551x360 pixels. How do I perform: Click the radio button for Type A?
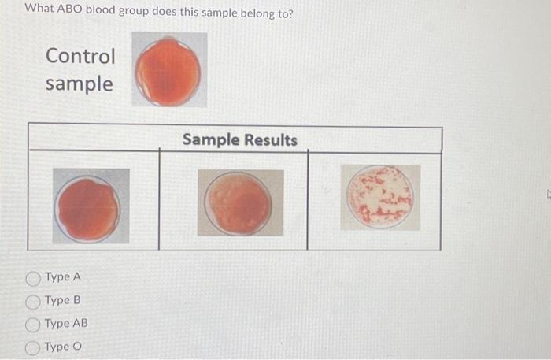[33, 277]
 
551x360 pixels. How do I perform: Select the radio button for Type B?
[33, 300]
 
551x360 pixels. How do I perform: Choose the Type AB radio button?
[33, 324]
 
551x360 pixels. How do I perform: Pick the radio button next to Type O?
[33, 347]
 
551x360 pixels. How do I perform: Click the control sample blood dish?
[168, 71]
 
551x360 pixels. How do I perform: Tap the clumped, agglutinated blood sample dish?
[380, 197]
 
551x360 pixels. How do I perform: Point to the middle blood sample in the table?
[239, 202]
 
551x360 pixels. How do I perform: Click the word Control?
[80, 57]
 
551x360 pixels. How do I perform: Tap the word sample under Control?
[79, 84]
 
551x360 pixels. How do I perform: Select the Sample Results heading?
[240, 140]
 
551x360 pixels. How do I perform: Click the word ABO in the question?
[71, 13]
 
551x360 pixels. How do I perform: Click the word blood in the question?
[105, 13]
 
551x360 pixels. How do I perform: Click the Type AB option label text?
[67, 324]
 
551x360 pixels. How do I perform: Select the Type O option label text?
[63, 347]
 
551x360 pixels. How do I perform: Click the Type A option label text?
[63, 277]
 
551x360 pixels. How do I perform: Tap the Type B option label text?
[63, 300]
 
